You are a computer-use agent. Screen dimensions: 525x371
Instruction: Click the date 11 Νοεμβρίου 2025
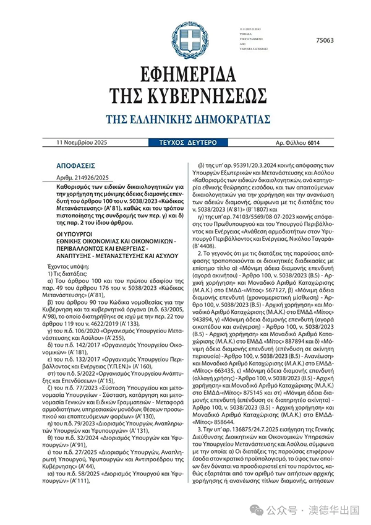point(82,143)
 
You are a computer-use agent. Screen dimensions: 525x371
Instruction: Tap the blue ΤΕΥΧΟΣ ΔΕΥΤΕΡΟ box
point(185,143)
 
